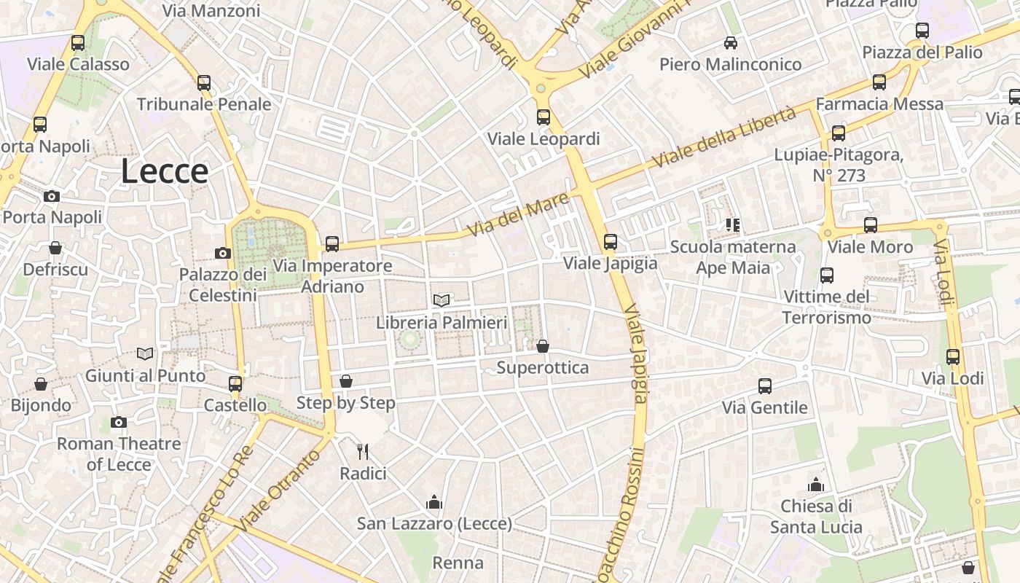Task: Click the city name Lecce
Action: point(165,171)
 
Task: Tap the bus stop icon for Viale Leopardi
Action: point(543,117)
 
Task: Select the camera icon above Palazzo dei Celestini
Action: point(223,253)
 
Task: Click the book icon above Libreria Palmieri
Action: point(442,300)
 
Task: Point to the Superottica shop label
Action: point(542,367)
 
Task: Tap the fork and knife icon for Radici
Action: point(363,452)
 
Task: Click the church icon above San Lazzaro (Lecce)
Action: point(434,501)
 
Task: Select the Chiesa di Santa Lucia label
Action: point(816,516)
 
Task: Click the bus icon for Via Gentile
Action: point(765,386)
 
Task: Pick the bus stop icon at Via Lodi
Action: point(953,357)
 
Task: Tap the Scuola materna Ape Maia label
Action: point(733,257)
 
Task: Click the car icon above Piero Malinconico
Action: point(730,43)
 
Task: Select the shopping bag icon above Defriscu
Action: point(55,248)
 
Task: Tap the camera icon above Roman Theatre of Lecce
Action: point(119,422)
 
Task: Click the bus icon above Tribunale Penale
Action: point(204,83)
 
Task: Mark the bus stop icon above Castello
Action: point(235,383)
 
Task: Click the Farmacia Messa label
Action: point(879,104)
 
